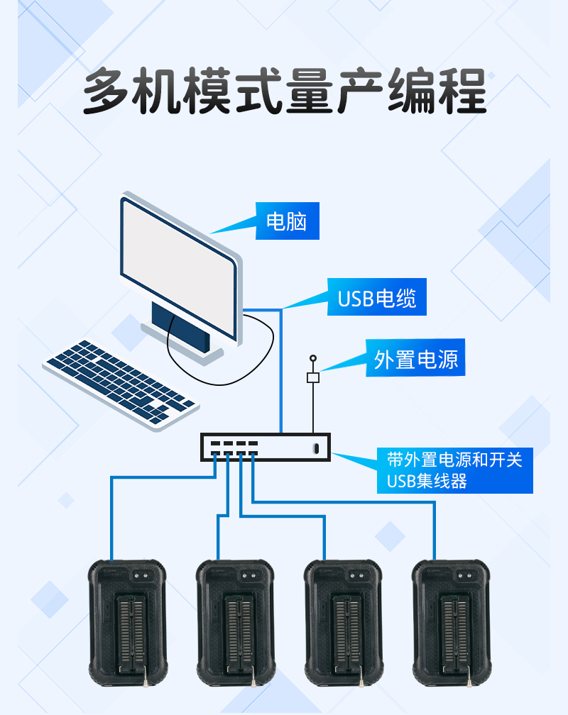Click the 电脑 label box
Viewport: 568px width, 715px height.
[x=287, y=221]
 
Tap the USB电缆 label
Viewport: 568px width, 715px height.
[x=377, y=298]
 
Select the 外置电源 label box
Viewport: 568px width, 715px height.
[x=415, y=360]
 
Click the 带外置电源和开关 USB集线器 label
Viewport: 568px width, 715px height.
[x=454, y=470]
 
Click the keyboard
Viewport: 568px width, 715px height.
[x=121, y=383]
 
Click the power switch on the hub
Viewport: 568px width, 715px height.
[x=316, y=448]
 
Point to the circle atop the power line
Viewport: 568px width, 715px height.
[x=312, y=359]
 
